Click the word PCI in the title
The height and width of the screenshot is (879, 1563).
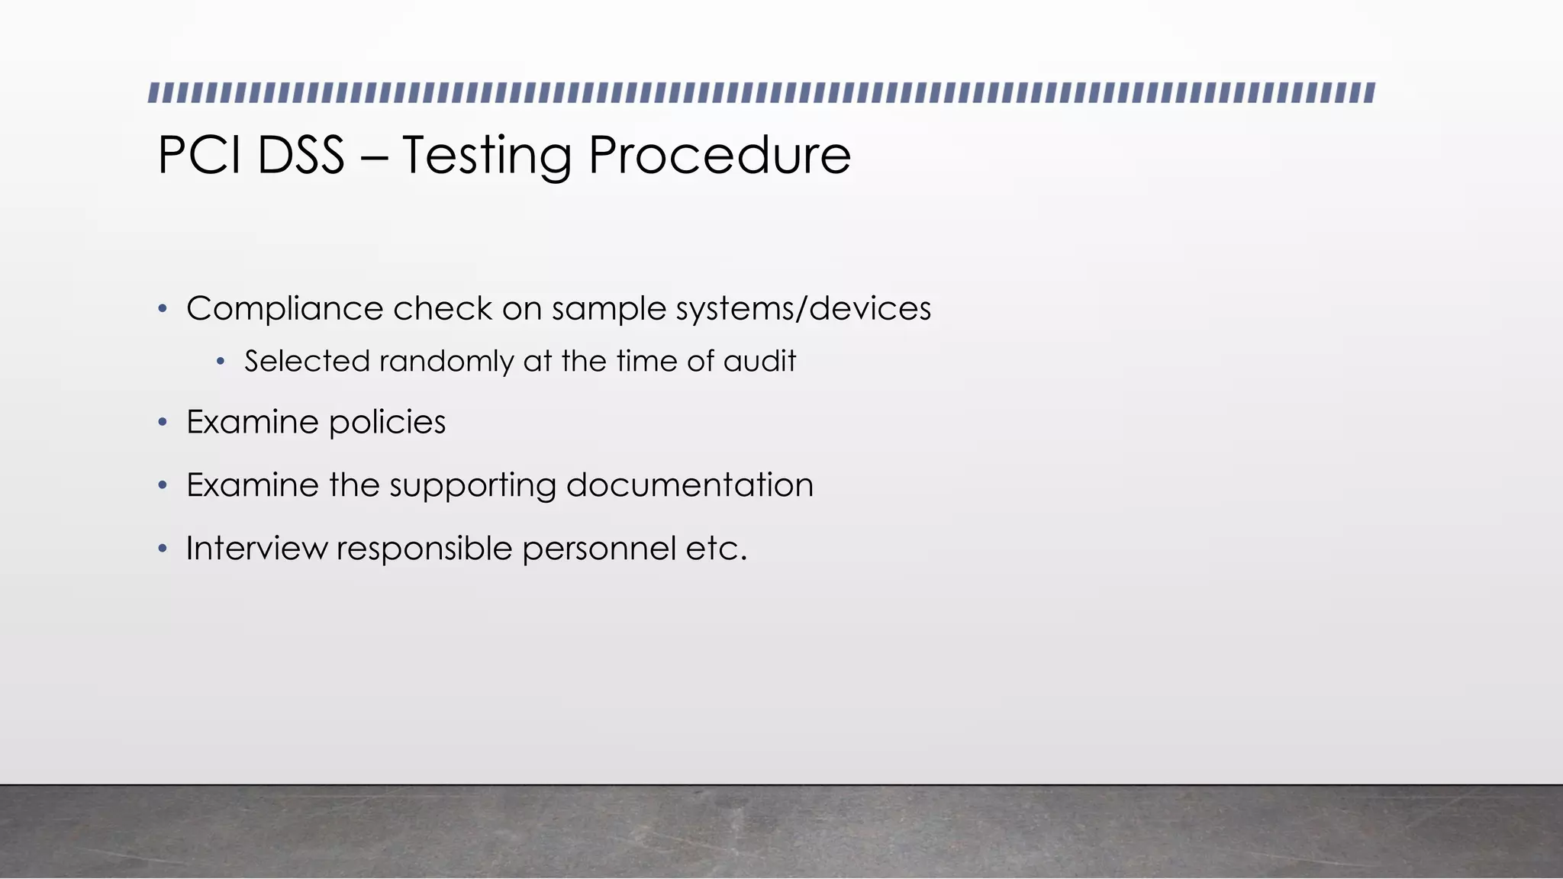(x=200, y=155)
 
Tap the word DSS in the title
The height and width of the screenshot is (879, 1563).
(x=301, y=155)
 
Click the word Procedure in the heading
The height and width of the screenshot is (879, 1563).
(x=719, y=155)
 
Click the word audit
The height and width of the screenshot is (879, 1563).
(x=759, y=361)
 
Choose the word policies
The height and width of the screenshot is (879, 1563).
(x=387, y=423)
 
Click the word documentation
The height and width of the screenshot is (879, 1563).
(x=689, y=485)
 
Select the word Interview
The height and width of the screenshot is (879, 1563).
(x=256, y=549)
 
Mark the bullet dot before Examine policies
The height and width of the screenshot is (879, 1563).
(x=162, y=423)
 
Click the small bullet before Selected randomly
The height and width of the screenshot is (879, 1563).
(x=221, y=362)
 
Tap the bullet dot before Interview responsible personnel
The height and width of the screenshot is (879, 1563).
(x=162, y=549)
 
